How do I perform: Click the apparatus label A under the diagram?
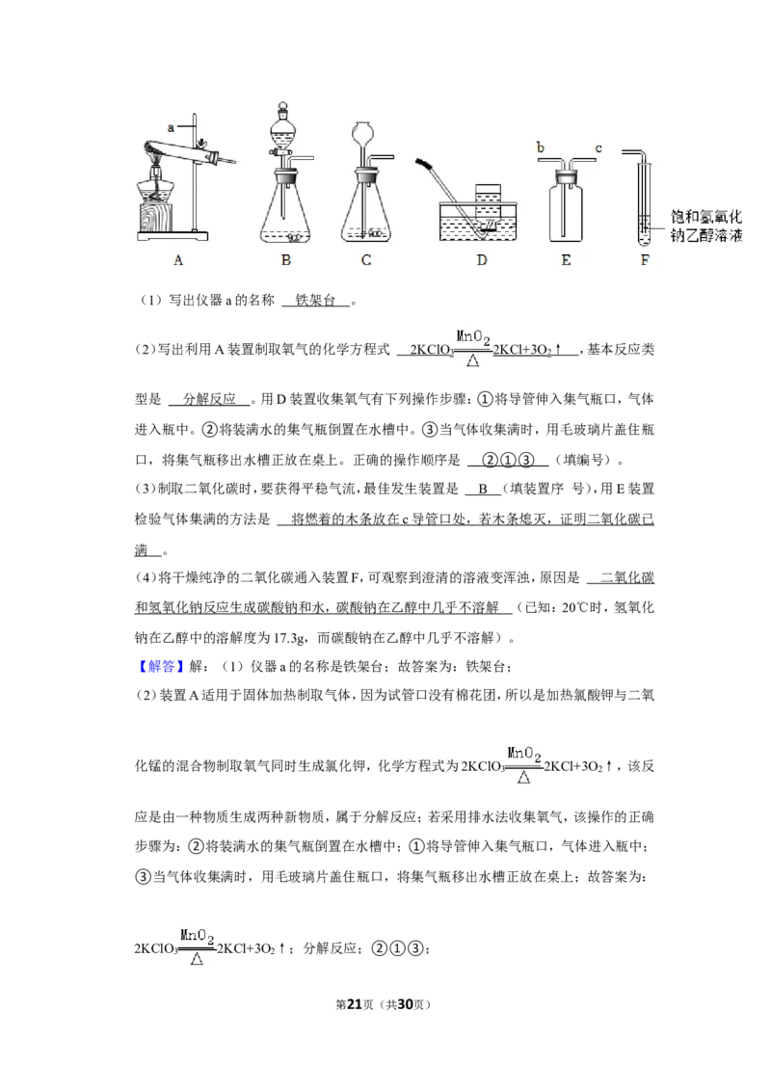(178, 260)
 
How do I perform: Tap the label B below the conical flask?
(286, 260)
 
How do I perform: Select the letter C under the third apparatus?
(366, 260)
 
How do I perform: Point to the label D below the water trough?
(482, 260)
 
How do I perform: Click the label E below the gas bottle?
(566, 260)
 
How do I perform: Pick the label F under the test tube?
(645, 260)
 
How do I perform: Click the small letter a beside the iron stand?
(171, 127)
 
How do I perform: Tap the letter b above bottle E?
(541, 146)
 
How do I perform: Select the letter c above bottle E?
(598, 148)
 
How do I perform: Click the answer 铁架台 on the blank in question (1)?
(315, 301)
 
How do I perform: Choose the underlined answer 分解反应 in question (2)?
(209, 399)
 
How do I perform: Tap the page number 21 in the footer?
(355, 1004)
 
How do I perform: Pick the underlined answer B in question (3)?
(482, 490)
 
